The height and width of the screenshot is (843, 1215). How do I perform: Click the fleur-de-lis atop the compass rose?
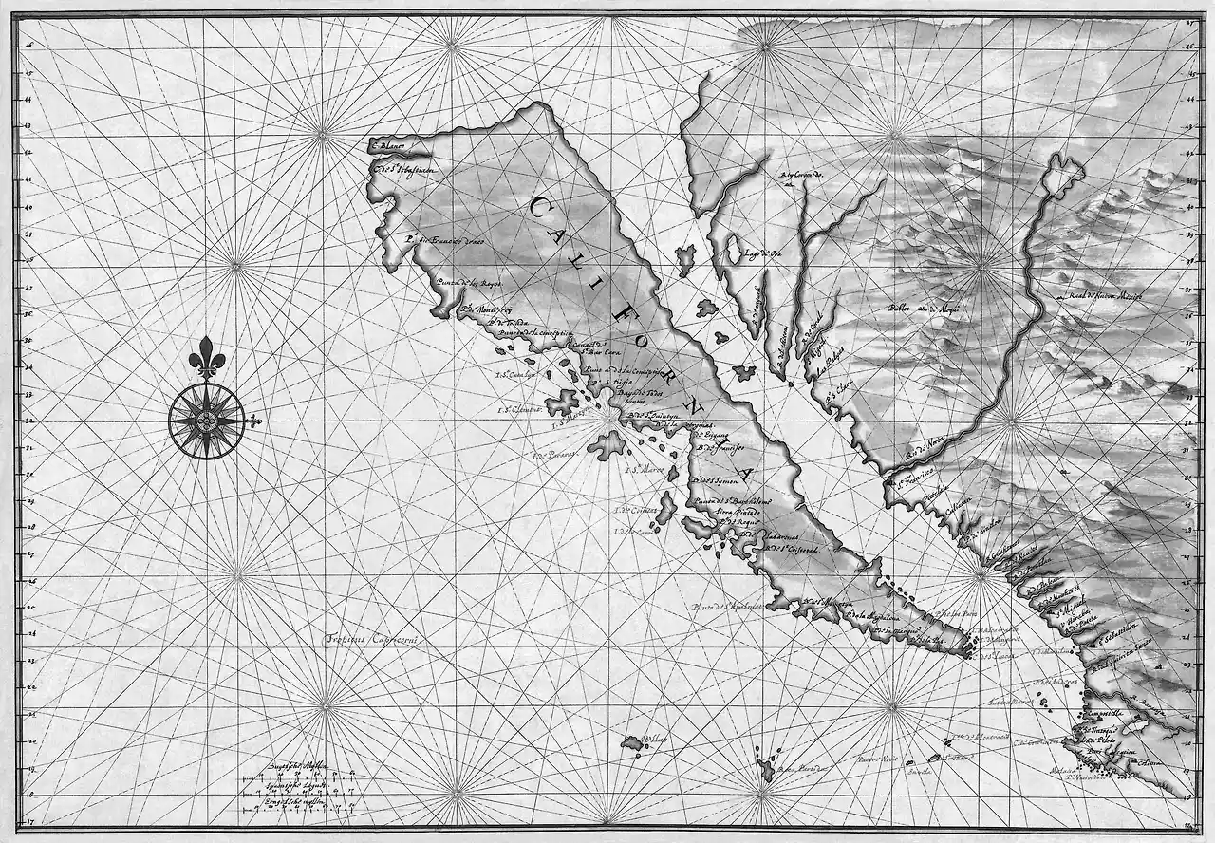pyautogui.click(x=205, y=357)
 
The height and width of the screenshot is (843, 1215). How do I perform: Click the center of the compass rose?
pyautogui.click(x=206, y=419)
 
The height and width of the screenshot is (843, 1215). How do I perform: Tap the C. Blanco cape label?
pyautogui.click(x=388, y=146)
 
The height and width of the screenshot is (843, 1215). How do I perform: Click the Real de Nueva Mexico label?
pyautogui.click(x=1104, y=297)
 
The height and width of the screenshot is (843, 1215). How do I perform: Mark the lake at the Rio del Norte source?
pyautogui.click(x=1063, y=174)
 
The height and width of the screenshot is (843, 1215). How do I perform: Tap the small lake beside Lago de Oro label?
pyautogui.click(x=732, y=250)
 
